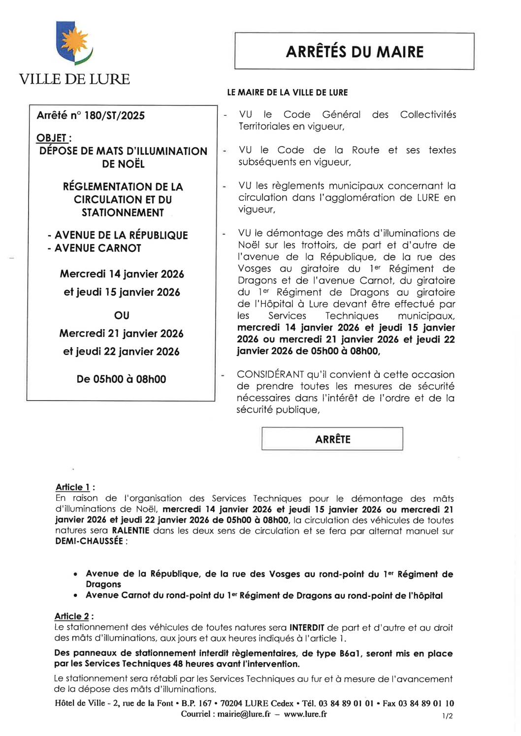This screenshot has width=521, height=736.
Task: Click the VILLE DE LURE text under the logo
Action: (74, 79)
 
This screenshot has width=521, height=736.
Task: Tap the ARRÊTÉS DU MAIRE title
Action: (354, 52)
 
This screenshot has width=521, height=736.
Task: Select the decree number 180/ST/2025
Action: (114, 116)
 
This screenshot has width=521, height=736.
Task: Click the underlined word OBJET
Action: (52, 138)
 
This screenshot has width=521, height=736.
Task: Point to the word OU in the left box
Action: (122, 315)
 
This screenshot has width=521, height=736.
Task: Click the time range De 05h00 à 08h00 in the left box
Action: (121, 379)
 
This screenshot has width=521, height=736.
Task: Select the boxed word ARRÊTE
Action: (332, 439)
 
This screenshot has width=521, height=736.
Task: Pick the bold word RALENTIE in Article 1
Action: (130, 530)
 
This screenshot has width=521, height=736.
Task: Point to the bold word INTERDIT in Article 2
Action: (306, 627)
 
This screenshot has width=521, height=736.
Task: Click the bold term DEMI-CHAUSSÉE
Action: (89, 541)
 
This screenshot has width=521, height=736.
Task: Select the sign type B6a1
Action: (351, 653)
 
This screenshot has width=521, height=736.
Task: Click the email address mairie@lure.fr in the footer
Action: (244, 714)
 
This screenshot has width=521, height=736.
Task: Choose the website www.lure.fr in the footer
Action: (305, 714)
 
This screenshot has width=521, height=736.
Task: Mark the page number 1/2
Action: (447, 716)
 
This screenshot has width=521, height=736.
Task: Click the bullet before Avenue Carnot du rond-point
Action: (75, 596)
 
